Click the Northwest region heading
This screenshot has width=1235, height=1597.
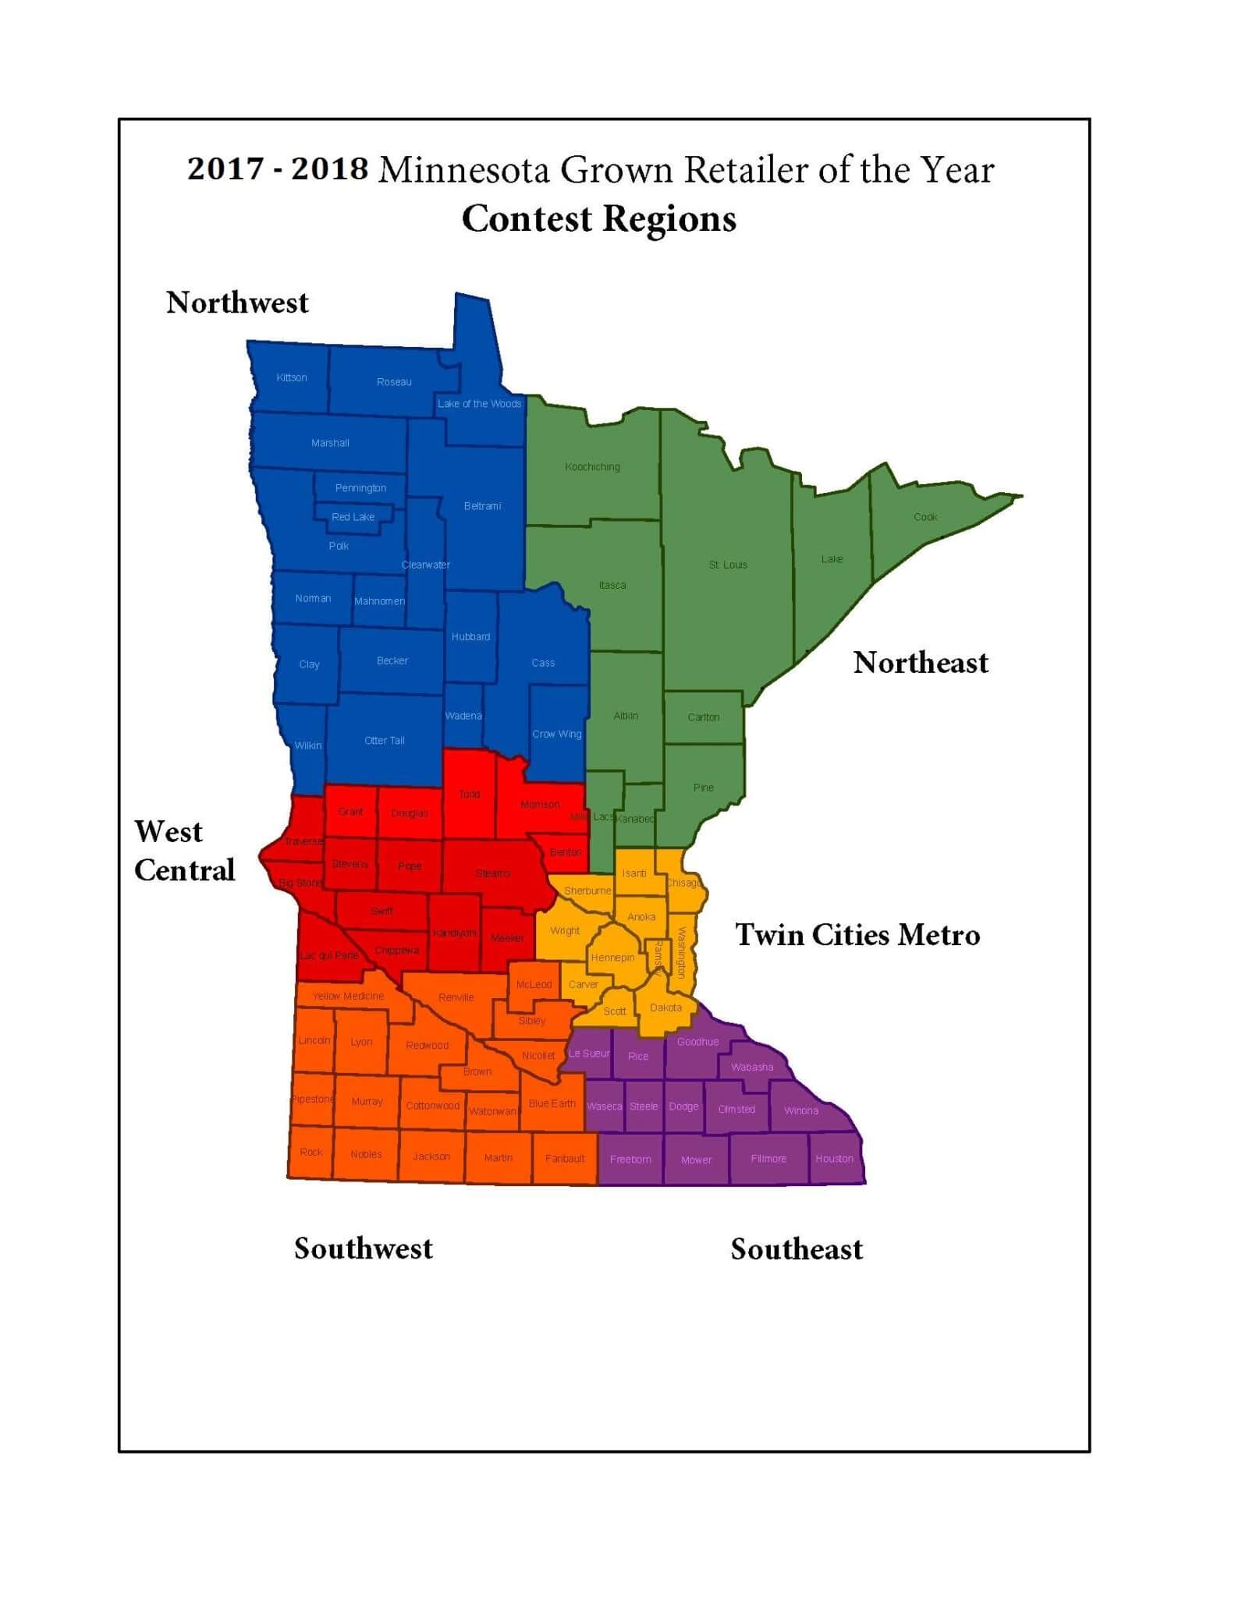(237, 303)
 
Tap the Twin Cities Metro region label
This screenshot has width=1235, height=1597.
(857, 934)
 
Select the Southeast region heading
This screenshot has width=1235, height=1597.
(796, 1249)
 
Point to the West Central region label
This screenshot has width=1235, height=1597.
(183, 851)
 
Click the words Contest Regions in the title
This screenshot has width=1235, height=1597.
(598, 218)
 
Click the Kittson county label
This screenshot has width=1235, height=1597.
(292, 377)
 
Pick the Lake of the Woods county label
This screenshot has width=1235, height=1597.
(479, 403)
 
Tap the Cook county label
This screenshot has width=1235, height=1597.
(925, 517)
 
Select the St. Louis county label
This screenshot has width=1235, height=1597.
(728, 565)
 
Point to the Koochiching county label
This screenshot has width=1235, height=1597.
(592, 467)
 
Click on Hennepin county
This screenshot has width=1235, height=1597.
(612, 958)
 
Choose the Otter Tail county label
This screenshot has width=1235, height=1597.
(385, 740)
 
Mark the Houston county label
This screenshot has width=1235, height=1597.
(834, 1159)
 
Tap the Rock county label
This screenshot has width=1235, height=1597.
(311, 1152)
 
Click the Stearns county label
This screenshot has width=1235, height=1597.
(493, 873)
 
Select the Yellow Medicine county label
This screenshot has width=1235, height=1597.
(348, 996)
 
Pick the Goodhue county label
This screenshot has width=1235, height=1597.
(697, 1042)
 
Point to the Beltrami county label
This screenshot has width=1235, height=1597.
(482, 506)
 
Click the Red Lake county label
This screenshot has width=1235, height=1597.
(353, 517)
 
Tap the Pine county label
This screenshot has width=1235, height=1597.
(703, 788)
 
